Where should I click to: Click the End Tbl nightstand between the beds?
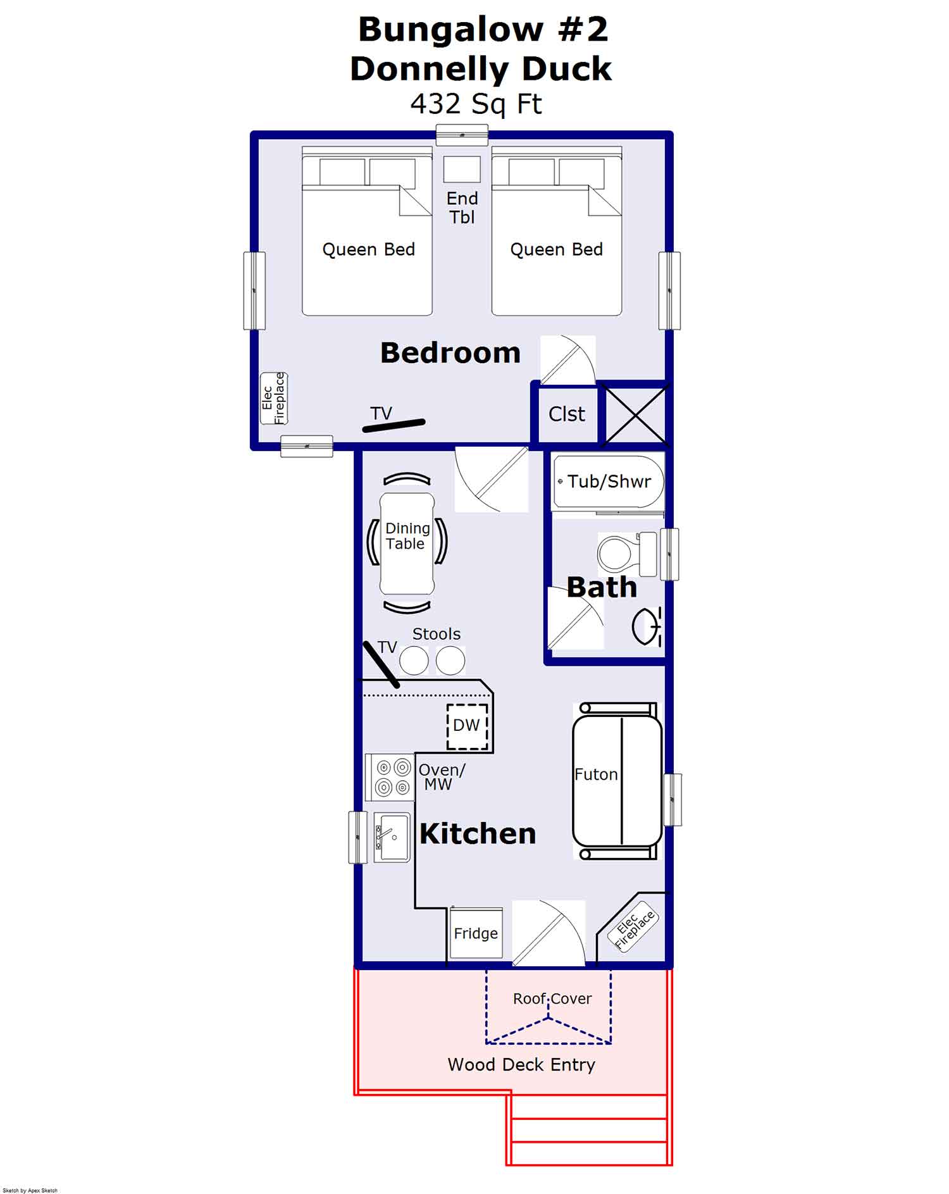(x=462, y=170)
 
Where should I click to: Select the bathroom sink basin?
(x=646, y=626)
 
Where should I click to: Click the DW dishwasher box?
(x=467, y=726)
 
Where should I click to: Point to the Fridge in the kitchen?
(x=476, y=933)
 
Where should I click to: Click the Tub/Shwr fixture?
(x=608, y=482)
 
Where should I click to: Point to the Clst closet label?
(x=566, y=414)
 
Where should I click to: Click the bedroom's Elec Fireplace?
(x=274, y=399)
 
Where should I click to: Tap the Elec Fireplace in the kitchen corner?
(x=635, y=926)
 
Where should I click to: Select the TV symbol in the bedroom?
(x=393, y=426)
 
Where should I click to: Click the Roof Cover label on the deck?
(x=552, y=998)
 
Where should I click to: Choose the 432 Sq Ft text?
(x=476, y=104)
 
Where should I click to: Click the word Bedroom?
(x=450, y=353)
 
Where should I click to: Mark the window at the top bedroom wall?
(x=462, y=135)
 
